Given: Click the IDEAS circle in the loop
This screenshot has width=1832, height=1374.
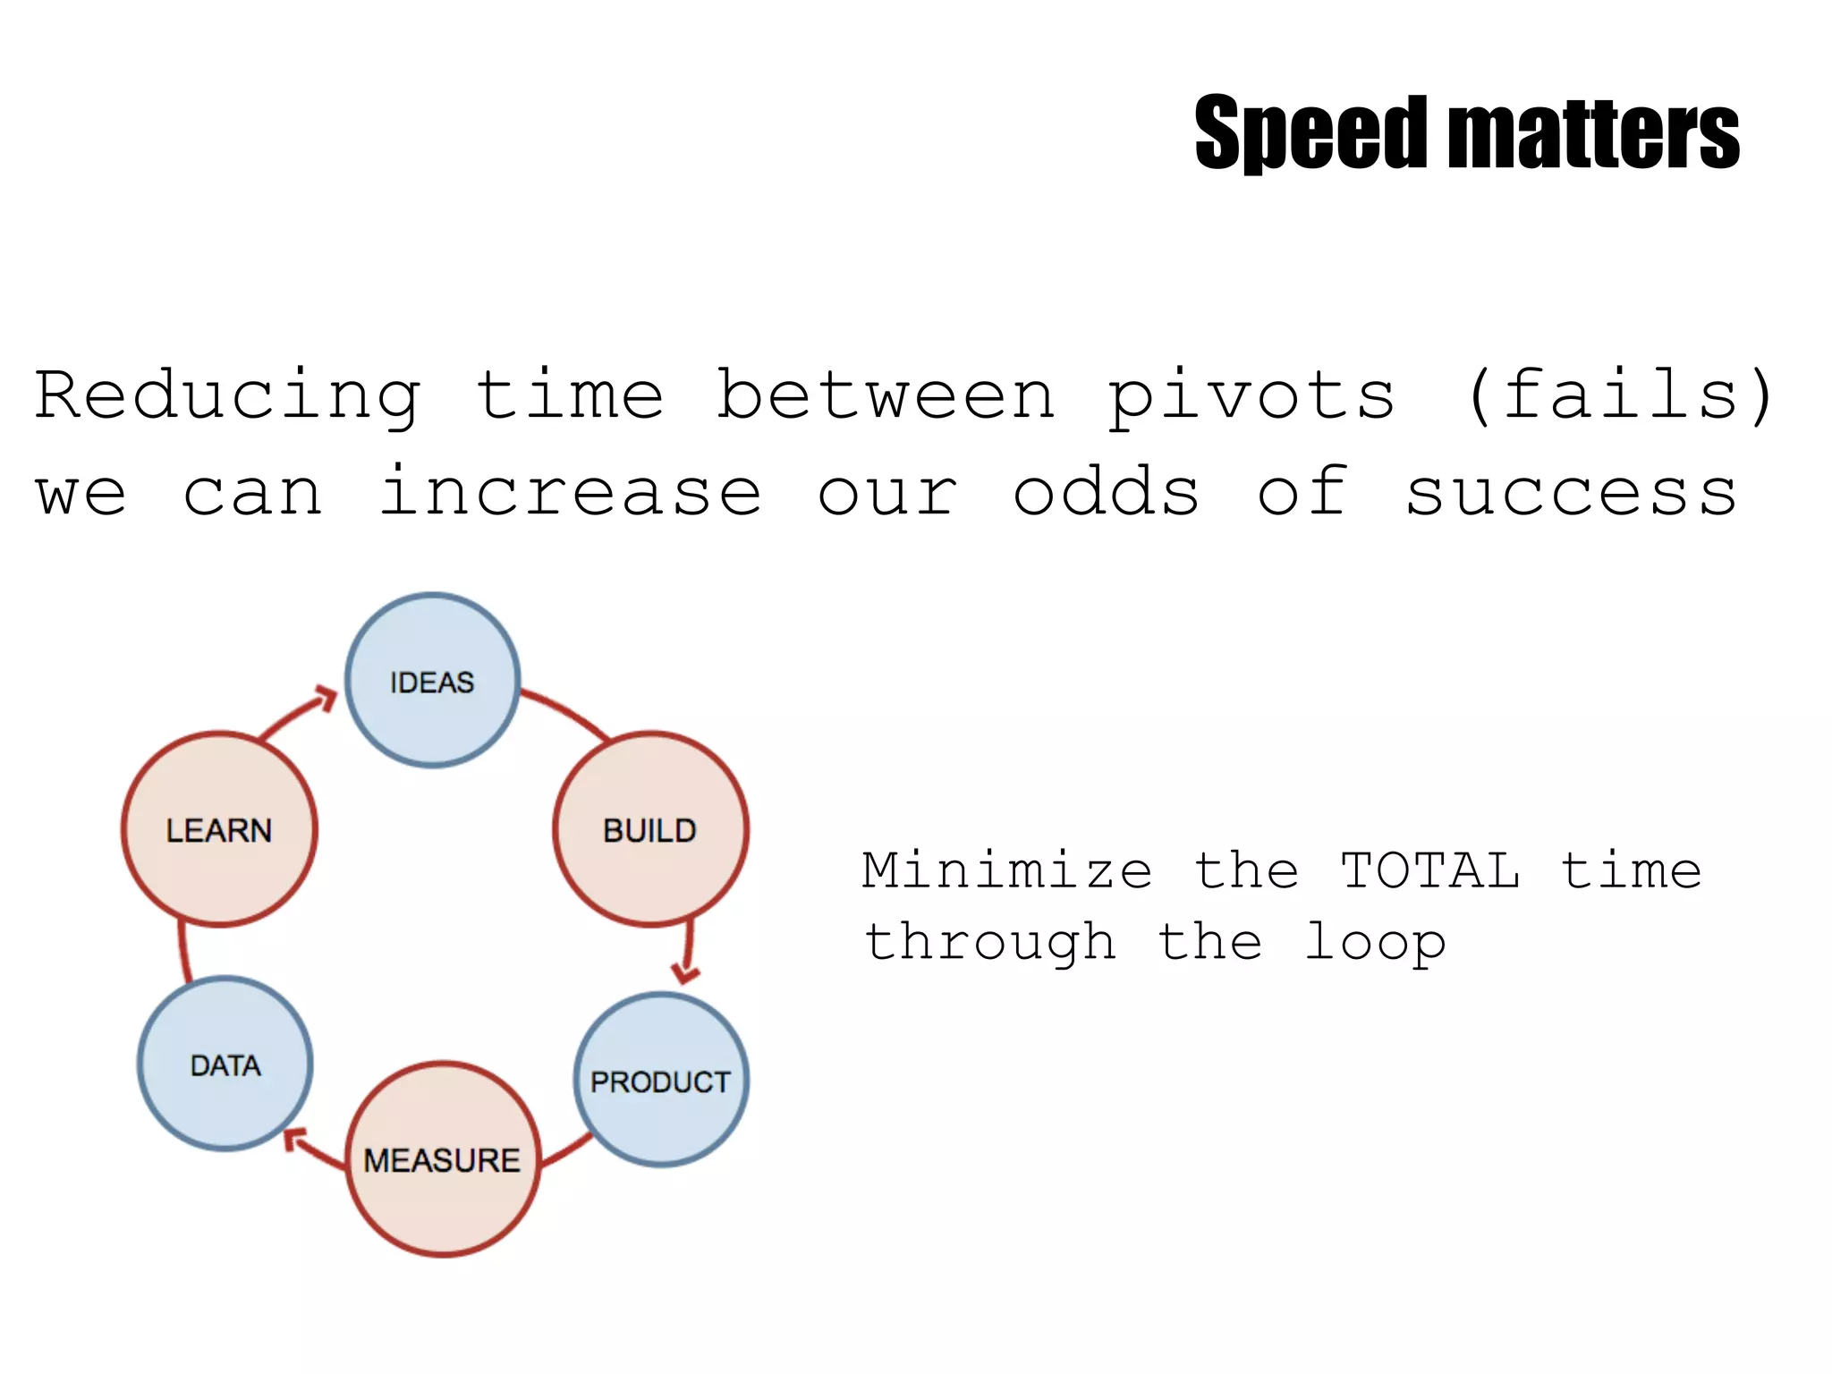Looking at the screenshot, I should [432, 681].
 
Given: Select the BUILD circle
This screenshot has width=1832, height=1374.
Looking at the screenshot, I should [650, 829].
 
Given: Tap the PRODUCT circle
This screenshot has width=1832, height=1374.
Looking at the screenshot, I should [661, 1080].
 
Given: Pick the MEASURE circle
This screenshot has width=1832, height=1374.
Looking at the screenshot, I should [443, 1159].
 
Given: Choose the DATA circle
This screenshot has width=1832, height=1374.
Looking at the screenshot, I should [225, 1064].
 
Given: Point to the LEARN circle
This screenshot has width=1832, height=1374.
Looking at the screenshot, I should [219, 829].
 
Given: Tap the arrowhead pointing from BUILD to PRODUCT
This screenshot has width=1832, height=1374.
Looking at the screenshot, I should [685, 972].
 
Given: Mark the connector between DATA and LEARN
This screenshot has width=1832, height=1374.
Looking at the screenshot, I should [183, 952].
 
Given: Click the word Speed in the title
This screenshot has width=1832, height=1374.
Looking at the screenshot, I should [1311, 134].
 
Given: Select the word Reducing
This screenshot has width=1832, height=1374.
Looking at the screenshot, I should [228, 396].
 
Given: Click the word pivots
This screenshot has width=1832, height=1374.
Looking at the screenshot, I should [1251, 396].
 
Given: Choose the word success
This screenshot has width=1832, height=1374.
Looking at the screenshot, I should [1571, 493].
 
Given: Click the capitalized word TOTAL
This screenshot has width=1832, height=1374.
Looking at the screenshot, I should [1430, 870].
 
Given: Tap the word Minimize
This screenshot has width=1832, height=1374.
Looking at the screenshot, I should [1007, 870].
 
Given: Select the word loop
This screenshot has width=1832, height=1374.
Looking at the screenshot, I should [1375, 943].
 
